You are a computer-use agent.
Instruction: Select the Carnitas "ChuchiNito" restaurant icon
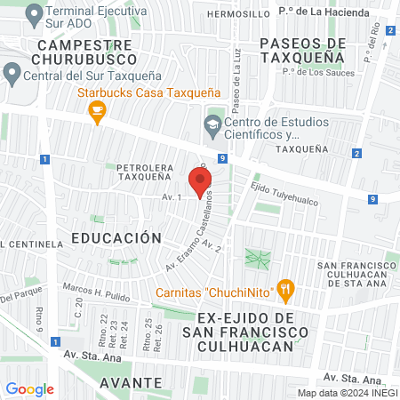click(x=284, y=288)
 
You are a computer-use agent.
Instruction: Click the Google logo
click(x=29, y=388)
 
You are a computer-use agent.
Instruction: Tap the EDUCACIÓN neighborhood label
click(x=116, y=238)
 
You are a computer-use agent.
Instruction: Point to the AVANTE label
click(x=131, y=382)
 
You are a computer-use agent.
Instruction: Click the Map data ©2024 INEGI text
click(x=347, y=393)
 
